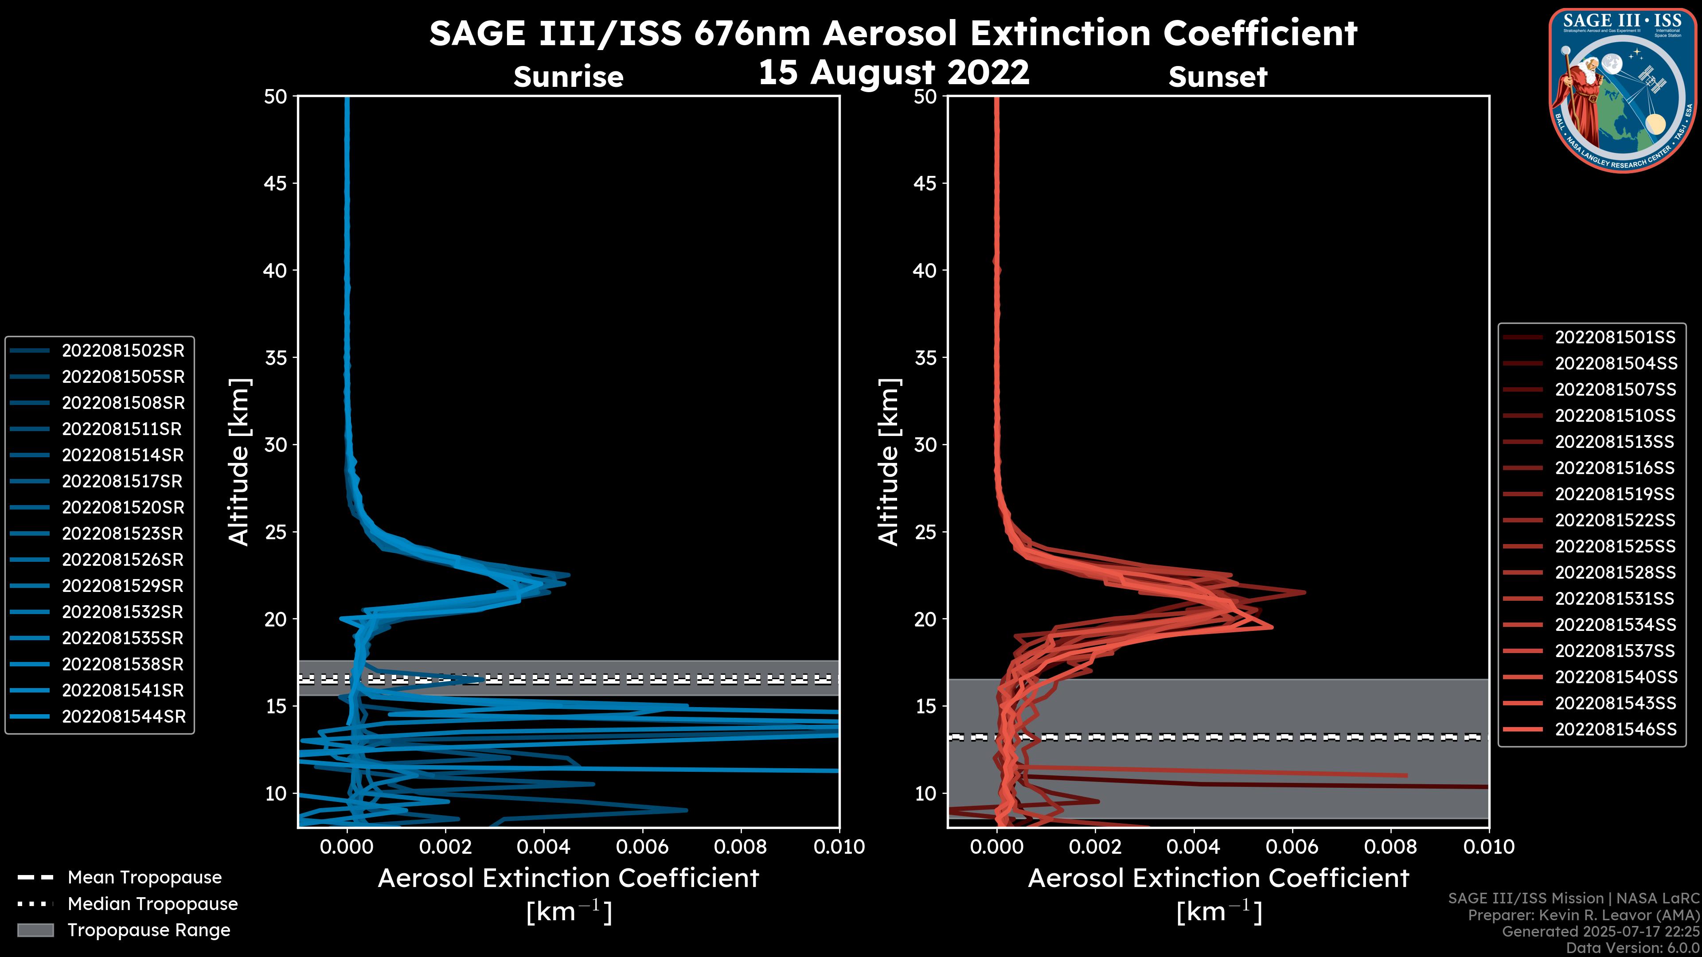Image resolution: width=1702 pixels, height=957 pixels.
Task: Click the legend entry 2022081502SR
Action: coord(123,351)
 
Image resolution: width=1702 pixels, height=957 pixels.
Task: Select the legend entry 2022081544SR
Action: coord(124,716)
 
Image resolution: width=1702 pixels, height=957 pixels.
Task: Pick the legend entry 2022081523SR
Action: coord(123,533)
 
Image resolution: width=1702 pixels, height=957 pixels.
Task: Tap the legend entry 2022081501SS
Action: coord(1615,338)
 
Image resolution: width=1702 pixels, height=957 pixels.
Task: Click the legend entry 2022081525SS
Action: coord(1615,547)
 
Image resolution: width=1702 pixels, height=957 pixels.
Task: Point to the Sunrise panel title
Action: coord(568,77)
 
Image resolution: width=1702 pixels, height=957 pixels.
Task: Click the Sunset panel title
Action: coord(1218,77)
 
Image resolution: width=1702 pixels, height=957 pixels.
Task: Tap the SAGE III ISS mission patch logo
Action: coord(1621,90)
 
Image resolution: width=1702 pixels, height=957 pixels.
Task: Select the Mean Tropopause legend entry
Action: coord(144,878)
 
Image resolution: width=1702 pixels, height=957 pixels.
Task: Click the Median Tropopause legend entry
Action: coord(152,903)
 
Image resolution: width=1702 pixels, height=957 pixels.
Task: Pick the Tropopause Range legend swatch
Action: coord(35,930)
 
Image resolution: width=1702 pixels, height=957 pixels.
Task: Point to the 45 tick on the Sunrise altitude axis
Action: coord(276,183)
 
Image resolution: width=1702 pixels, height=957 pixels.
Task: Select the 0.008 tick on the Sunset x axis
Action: coord(1390,847)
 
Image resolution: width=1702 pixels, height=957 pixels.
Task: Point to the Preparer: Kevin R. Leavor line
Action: coord(1584,915)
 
